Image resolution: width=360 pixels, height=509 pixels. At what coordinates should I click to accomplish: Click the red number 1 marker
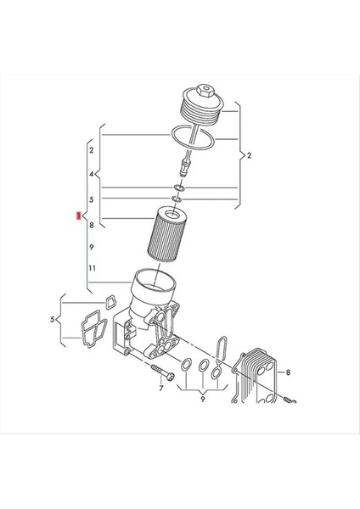(x=78, y=218)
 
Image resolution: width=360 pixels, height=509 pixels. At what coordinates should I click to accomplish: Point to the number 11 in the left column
(x=92, y=269)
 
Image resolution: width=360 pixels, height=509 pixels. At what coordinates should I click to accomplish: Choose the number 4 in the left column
(x=92, y=175)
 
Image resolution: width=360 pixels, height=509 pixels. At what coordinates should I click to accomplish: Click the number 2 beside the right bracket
(x=250, y=156)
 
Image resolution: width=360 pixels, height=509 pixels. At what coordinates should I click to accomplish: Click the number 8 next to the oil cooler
(x=289, y=372)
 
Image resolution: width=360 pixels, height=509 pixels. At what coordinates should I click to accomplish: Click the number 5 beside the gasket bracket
(x=52, y=320)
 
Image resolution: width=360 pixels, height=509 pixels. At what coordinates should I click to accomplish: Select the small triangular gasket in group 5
(x=110, y=302)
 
